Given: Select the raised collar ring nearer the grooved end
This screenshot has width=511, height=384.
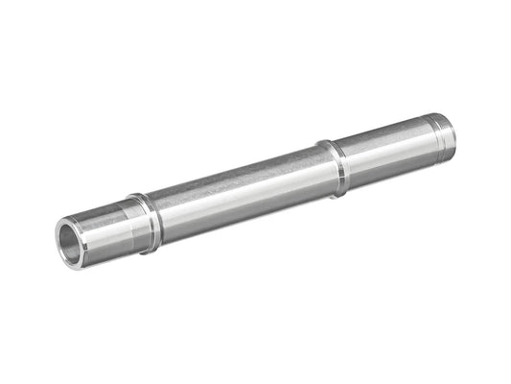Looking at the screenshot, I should pos(334,167).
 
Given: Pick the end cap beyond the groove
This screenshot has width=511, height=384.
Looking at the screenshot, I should pos(446,133).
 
